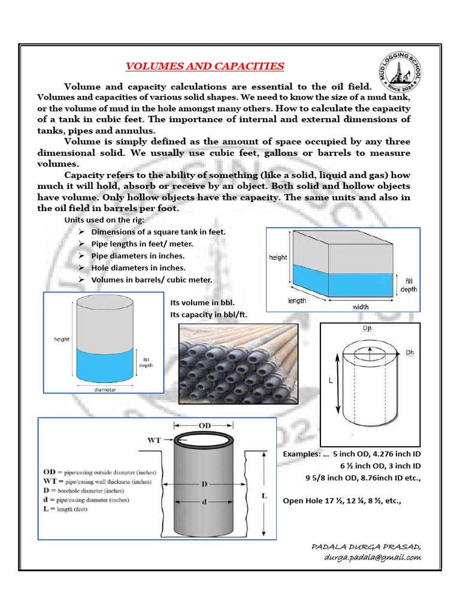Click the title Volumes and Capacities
[x=204, y=66]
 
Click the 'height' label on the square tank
[x=278, y=257]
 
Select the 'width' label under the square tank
[x=361, y=307]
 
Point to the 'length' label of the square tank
[x=298, y=301]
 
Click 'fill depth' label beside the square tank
[x=409, y=285]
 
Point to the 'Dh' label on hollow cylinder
[x=410, y=353]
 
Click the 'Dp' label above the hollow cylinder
[x=367, y=329]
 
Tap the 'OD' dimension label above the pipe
[x=205, y=425]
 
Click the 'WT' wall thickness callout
[x=155, y=440]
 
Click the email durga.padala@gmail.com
[x=373, y=557]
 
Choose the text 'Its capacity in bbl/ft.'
[x=209, y=314]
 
